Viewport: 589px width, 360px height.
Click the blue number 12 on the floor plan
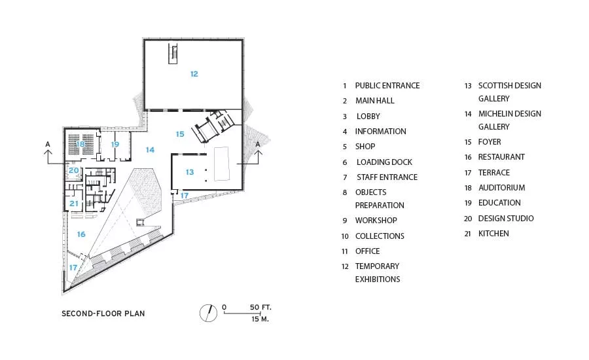(194, 74)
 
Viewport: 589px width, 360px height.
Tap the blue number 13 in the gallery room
(190, 172)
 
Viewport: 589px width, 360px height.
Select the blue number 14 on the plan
(151, 150)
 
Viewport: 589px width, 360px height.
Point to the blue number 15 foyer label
(180, 134)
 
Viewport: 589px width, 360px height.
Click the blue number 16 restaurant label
(81, 234)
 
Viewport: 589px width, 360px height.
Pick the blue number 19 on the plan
(115, 144)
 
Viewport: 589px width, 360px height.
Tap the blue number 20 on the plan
(74, 171)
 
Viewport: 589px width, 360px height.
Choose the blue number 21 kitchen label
(74, 204)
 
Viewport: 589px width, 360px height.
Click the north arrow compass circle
(209, 313)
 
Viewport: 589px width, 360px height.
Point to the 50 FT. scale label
(260, 308)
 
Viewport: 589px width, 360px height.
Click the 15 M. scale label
(260, 319)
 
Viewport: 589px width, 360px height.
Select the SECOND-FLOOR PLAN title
(103, 314)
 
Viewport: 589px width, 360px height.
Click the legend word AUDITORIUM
(501, 187)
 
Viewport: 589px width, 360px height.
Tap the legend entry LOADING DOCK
(384, 162)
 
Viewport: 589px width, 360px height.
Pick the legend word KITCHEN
(493, 234)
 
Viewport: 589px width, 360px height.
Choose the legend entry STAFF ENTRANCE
(387, 177)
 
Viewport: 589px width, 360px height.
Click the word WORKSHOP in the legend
(376, 220)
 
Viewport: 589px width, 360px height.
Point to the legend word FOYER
(490, 141)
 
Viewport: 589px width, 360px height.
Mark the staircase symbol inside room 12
(173, 54)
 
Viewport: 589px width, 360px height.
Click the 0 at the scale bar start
(224, 308)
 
